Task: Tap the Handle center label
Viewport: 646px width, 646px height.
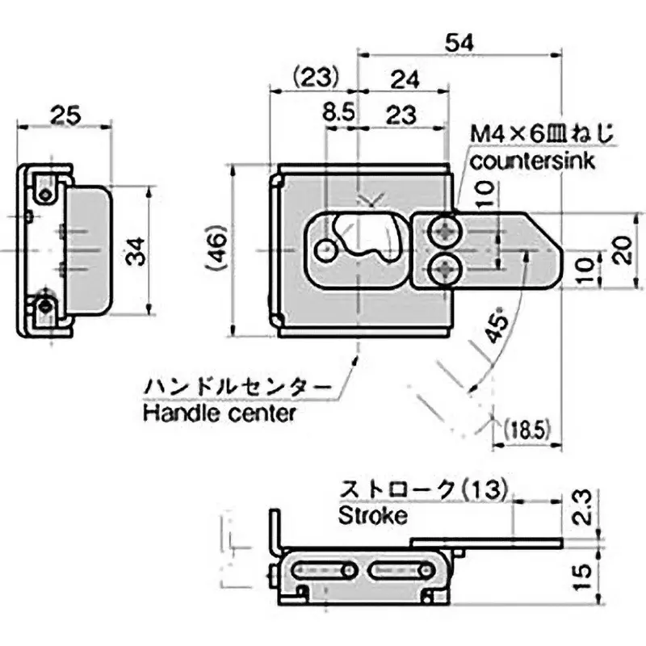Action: (219, 413)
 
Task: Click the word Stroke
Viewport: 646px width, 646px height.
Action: (372, 515)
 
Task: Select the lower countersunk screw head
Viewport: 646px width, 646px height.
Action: (444, 269)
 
